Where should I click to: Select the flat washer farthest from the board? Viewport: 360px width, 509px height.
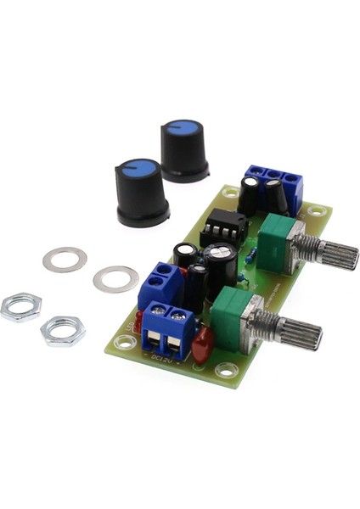65,259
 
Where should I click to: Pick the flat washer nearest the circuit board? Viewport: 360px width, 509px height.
115,278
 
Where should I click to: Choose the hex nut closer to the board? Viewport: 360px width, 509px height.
63,330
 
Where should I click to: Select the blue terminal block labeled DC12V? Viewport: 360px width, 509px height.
168,327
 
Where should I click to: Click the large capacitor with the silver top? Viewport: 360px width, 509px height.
219,263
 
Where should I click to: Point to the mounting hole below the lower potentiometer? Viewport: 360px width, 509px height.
226,369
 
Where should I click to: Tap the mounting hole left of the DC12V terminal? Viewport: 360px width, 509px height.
126,342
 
